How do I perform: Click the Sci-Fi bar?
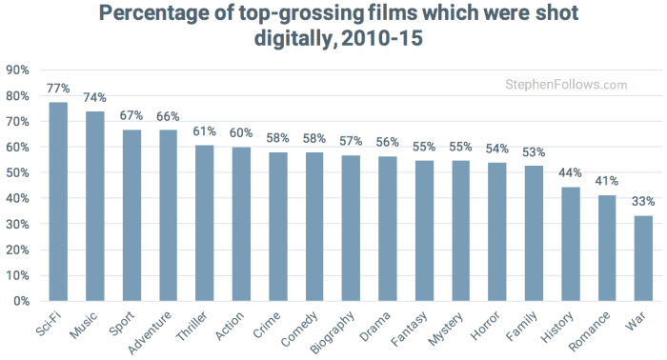pyautogui.click(x=59, y=202)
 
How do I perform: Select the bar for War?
pyautogui.click(x=644, y=258)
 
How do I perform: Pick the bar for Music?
pyautogui.click(x=95, y=206)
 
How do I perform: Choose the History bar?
pyautogui.click(x=571, y=244)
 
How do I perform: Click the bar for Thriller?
pyautogui.click(x=205, y=223)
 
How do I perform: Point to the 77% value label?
pyautogui.click(x=59, y=89)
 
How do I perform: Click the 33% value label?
pyautogui.click(x=644, y=202)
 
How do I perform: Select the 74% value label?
pyautogui.click(x=95, y=98)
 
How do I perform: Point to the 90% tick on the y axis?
pyautogui.click(x=18, y=70)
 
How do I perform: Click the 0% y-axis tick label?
pyautogui.click(x=21, y=301)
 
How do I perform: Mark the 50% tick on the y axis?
pyautogui.click(x=18, y=172)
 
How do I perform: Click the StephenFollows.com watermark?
pyautogui.click(x=566, y=85)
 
